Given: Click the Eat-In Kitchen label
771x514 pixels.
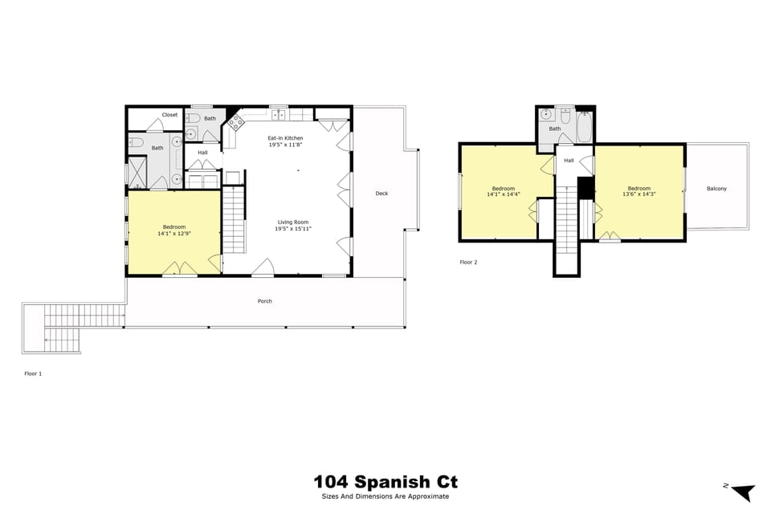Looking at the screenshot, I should coord(285,138).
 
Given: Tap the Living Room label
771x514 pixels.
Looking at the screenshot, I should coord(292,222).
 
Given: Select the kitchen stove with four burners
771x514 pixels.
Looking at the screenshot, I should coord(237,123).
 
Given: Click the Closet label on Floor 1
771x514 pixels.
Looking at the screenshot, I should coord(169,115).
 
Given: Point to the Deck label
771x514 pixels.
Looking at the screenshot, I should coord(381,193).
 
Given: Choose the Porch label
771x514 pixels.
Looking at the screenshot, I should coord(264,301).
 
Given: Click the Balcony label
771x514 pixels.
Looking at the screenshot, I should coord(716,189).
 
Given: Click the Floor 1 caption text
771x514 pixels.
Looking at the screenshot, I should coord(33,373).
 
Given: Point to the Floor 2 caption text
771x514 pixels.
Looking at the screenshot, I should coord(468,262).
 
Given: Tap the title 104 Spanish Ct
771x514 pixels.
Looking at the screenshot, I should coord(385,482).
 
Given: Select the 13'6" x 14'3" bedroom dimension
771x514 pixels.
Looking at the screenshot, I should coord(639,194).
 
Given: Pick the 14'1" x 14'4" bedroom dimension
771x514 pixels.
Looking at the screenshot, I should coord(504,194).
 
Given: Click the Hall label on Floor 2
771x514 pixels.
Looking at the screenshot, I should coord(569,161).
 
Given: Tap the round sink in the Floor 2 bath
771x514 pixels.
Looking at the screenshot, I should coord(546,115).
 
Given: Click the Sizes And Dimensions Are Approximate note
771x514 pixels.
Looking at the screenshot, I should coord(385,496).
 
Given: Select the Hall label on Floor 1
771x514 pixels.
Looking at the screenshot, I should coord(202,153).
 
